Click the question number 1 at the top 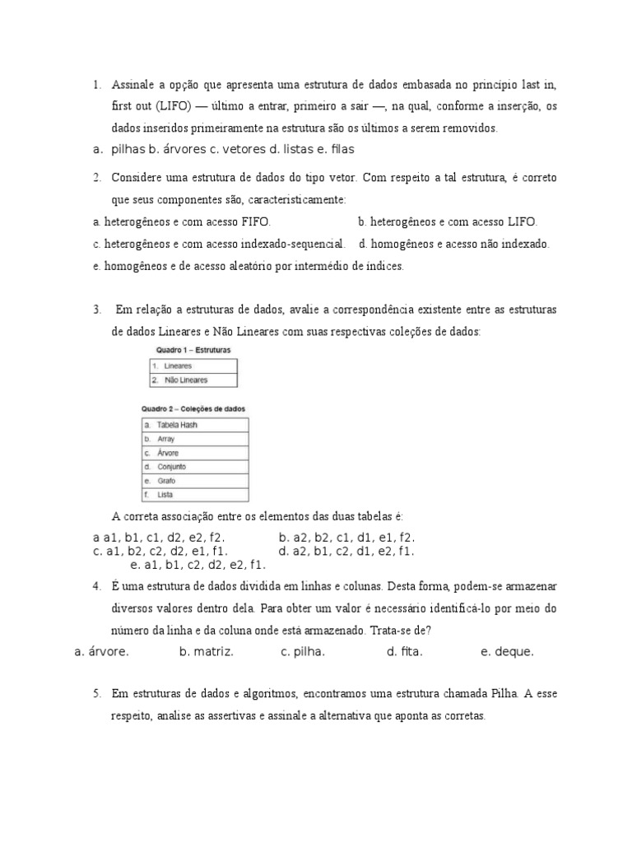96,85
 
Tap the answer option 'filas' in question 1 337,149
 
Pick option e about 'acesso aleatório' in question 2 249,266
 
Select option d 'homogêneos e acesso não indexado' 453,244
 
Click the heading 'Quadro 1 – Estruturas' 189,350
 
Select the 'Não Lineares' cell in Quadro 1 186,380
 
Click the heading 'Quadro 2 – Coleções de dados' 193,409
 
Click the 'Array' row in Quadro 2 165,439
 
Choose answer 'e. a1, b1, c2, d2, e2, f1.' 198,565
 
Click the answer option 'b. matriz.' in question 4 207,652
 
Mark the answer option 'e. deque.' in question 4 507,652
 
